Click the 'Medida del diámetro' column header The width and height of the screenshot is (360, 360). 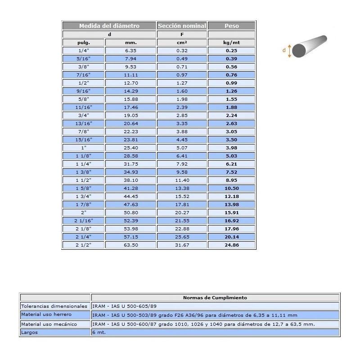109,26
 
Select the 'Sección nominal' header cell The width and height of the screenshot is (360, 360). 182,26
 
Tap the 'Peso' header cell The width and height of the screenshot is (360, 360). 232,26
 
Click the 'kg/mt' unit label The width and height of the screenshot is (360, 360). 232,42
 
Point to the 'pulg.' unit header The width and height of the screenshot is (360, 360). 83,42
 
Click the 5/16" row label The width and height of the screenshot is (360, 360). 83,58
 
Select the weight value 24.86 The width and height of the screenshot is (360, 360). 232,245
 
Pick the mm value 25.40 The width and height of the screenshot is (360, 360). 130,148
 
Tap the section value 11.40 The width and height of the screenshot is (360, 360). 182,180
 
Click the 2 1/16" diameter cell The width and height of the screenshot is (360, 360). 83,220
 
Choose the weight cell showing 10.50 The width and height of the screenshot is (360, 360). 232,188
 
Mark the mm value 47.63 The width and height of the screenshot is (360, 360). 130,204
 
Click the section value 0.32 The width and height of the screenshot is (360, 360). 182,50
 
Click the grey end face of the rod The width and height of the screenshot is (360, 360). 298,50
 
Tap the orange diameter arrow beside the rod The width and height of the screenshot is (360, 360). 289,50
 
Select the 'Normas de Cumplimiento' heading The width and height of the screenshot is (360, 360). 215,297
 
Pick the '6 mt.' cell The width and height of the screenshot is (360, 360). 97,333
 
